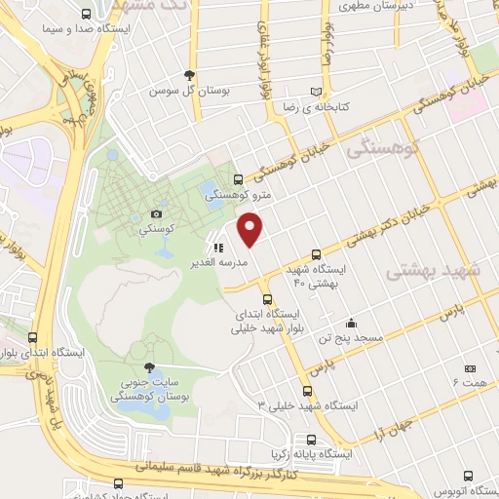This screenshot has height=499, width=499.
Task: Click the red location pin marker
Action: click(251, 230)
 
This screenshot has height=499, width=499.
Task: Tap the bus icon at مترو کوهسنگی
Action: click(239, 179)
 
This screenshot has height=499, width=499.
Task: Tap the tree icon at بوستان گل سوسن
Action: click(190, 75)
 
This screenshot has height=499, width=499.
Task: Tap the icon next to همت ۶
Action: click(470, 367)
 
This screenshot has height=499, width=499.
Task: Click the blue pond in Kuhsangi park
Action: click(211, 191)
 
